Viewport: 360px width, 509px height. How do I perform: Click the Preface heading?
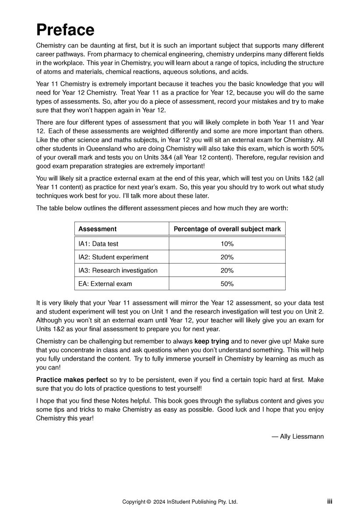coord(65,30)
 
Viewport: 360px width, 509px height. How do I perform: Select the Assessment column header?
coord(97,229)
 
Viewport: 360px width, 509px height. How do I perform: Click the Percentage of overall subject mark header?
coord(227,229)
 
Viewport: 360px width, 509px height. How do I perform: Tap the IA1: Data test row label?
coord(98,244)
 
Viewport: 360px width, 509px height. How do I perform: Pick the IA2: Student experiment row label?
coord(113,257)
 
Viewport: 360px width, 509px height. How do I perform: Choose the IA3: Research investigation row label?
coord(118,270)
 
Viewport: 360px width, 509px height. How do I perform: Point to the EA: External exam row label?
coord(105,284)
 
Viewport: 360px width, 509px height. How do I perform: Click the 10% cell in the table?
coord(227,244)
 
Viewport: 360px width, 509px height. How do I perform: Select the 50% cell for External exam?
coord(227,284)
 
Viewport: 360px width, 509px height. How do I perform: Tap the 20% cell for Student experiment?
coord(227,257)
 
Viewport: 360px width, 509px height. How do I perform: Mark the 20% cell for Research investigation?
coord(227,270)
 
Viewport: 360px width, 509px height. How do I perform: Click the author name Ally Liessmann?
coord(301,436)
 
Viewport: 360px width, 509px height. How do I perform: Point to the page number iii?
coord(329,502)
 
